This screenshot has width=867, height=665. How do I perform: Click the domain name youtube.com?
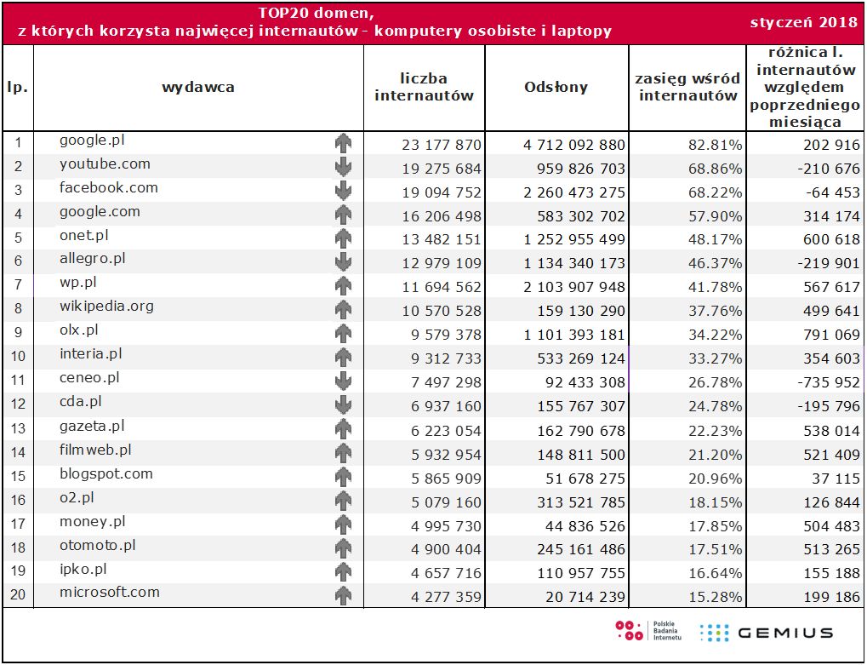105,164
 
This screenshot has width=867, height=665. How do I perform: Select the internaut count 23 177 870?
441,145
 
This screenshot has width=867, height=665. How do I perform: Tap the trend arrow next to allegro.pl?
343,261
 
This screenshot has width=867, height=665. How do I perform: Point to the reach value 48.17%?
715,240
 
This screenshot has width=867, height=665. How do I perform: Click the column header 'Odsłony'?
556,87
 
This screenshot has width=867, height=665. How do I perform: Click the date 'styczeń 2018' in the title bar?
804,21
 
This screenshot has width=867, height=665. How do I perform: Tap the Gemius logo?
765,633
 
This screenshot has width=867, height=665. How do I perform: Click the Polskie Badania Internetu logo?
647,631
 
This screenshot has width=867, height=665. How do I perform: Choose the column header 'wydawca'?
198,87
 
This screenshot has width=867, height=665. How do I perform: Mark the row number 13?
18,431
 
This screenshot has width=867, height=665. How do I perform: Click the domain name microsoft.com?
110,593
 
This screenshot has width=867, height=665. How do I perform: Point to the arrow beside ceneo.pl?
343,380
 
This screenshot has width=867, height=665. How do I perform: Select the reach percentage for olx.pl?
715,335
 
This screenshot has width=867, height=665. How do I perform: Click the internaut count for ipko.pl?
441,574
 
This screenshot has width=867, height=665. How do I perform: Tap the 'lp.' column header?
18,87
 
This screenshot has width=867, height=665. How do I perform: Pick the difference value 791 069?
830,335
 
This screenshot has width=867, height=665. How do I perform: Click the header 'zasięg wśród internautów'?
687,87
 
